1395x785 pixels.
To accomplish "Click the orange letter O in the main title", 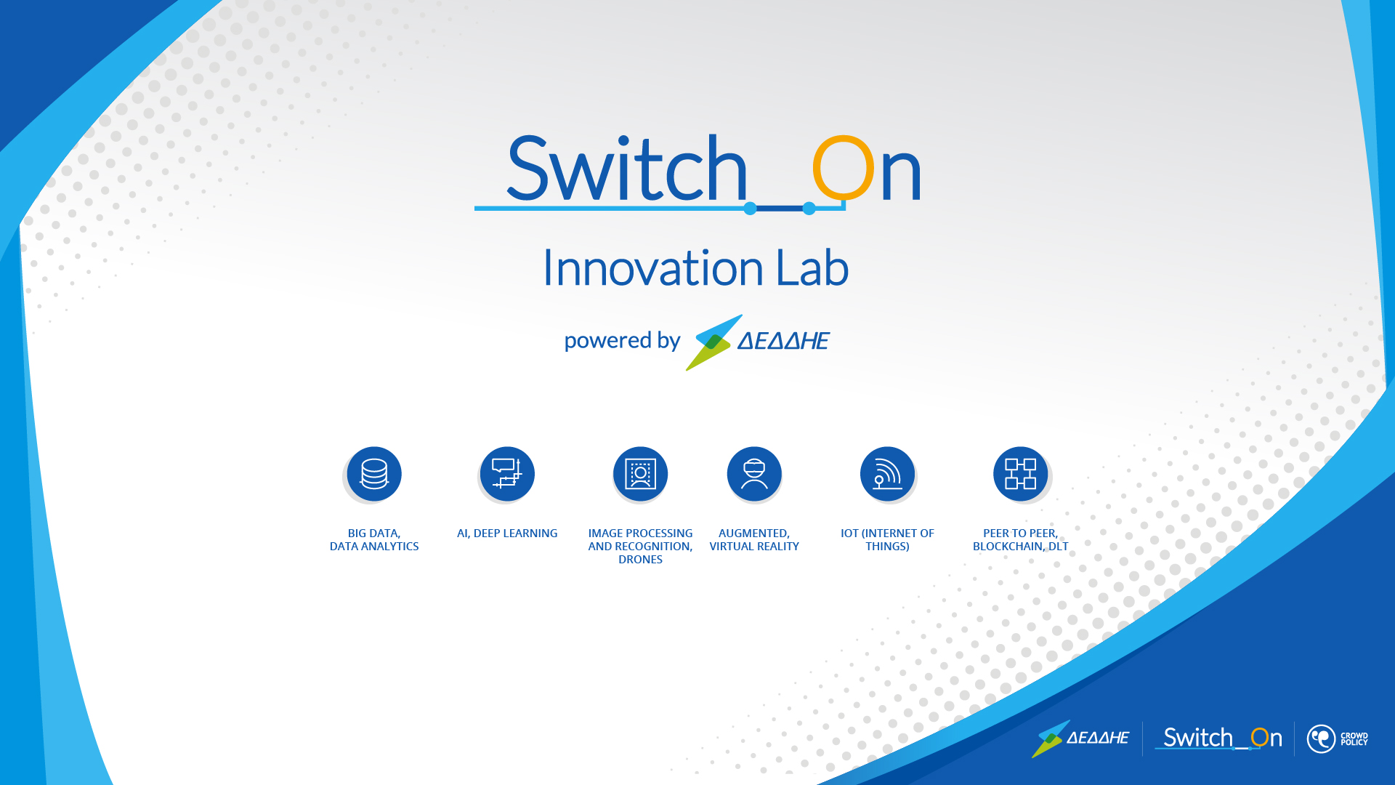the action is pyautogui.click(x=843, y=168).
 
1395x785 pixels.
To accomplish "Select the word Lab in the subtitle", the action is pyautogui.click(x=812, y=267).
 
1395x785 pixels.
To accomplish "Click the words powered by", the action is pyautogui.click(x=622, y=341).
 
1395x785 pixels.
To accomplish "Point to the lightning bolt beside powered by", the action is pyautogui.click(x=714, y=342).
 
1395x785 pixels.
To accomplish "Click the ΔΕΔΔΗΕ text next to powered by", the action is pyautogui.click(x=783, y=341).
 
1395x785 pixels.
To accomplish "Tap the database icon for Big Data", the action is pyautogui.click(x=374, y=474).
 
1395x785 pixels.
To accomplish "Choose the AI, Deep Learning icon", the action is pyautogui.click(x=507, y=474).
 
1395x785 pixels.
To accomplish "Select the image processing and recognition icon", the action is pyautogui.click(x=640, y=474).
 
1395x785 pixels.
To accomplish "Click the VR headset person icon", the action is pyautogui.click(x=754, y=474).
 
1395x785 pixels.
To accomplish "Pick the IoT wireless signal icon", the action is pyautogui.click(x=887, y=474).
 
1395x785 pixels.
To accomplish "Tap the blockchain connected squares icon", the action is pyautogui.click(x=1020, y=474).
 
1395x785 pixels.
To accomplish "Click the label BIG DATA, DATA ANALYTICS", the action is pyautogui.click(x=374, y=540).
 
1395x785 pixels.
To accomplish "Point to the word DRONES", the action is pyautogui.click(x=640, y=560).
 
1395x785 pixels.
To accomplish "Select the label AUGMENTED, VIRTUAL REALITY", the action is pyautogui.click(x=754, y=540).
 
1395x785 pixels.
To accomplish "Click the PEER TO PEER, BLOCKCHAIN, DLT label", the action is pyautogui.click(x=1020, y=540).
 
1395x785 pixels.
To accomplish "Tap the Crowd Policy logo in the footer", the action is pyautogui.click(x=1337, y=739).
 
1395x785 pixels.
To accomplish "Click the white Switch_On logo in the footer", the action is pyautogui.click(x=1218, y=738).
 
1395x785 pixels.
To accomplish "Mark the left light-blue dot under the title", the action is pyautogui.click(x=751, y=209).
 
